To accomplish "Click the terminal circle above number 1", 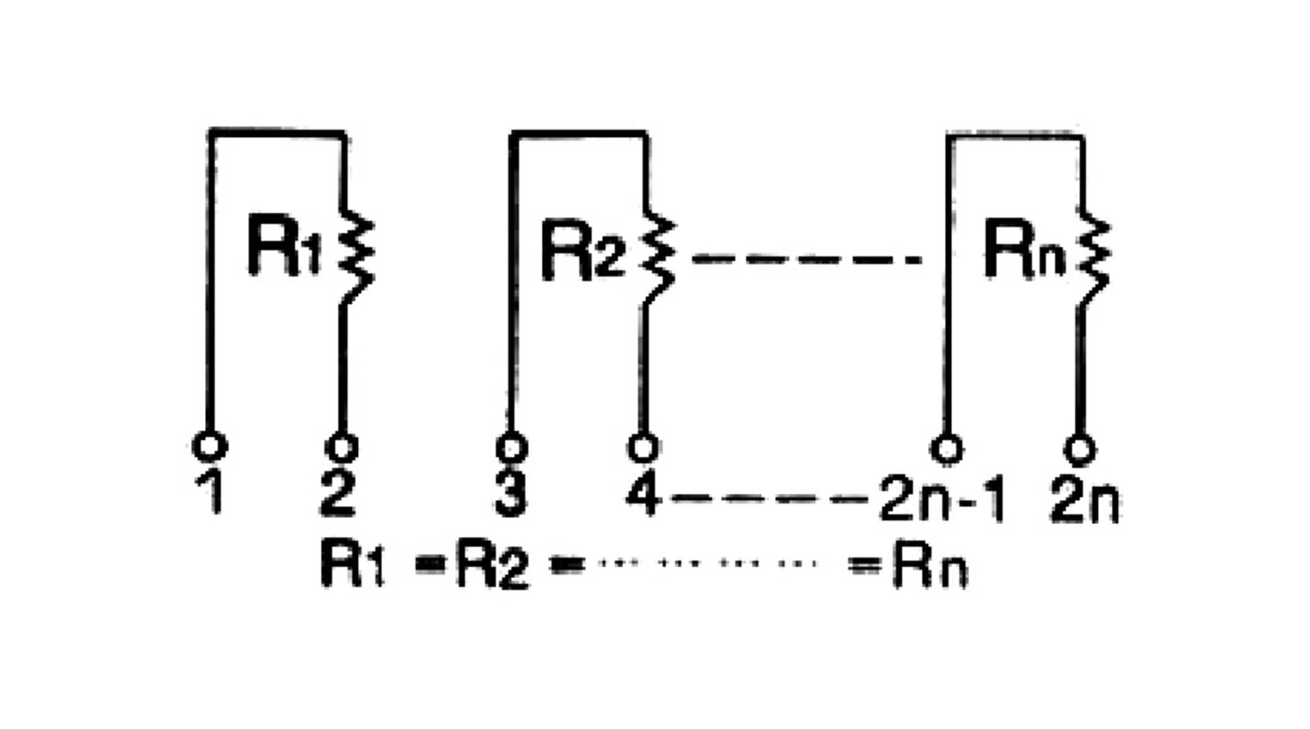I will click(x=210, y=446).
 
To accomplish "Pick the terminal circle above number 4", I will click(x=643, y=447).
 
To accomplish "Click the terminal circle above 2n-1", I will click(x=947, y=449).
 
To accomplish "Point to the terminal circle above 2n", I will click(x=1080, y=450).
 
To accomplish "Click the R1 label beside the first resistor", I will click(x=283, y=245).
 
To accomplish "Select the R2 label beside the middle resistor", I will click(x=582, y=249).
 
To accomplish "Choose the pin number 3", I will click(x=510, y=495).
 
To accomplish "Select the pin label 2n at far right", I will click(x=1084, y=502).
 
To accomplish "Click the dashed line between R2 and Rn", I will click(x=806, y=259).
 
